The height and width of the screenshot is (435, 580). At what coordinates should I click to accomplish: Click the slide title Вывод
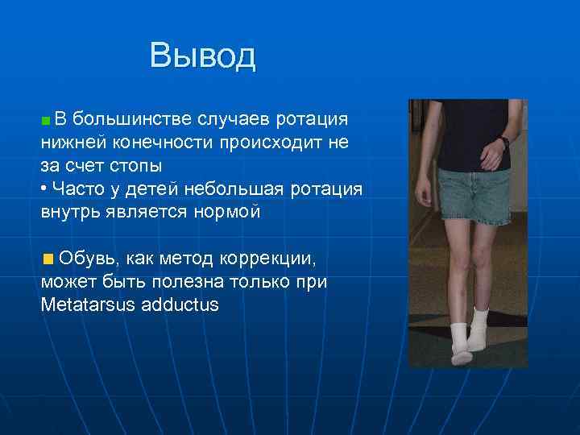click(202, 56)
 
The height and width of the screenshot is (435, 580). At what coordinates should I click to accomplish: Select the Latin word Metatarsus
click(88, 305)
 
